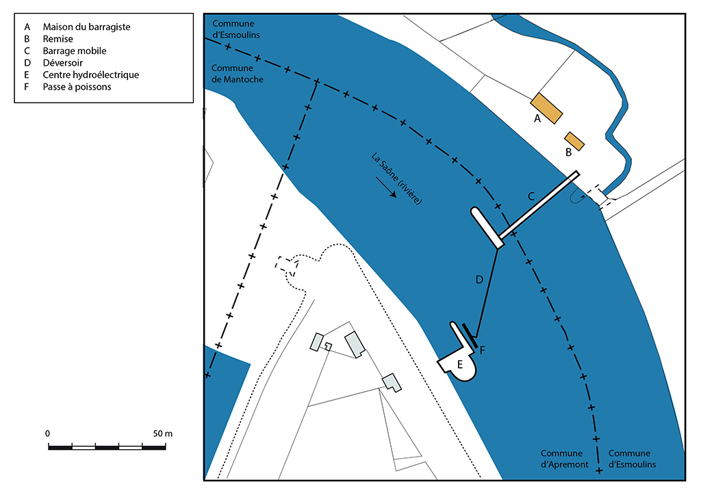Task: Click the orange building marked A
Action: click(546, 109)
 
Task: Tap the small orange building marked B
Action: click(574, 141)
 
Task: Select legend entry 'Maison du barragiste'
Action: click(86, 27)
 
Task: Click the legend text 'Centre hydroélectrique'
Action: click(91, 75)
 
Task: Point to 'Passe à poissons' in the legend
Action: click(77, 87)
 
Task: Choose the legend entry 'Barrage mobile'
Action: click(75, 51)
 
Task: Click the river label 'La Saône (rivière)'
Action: click(396, 178)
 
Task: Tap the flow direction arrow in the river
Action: click(386, 187)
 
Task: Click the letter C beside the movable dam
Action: click(531, 196)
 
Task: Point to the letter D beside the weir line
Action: click(479, 280)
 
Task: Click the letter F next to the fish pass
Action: click(483, 350)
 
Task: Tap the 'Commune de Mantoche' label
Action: click(237, 74)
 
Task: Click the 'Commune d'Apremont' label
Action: click(564, 459)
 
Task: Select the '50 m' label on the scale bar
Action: click(163, 433)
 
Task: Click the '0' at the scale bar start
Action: click(48, 433)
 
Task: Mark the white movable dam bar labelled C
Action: click(539, 205)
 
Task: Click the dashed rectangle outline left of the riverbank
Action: click(287, 266)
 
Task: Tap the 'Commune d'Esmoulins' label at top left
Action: click(235, 29)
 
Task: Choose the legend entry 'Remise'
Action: click(58, 39)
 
